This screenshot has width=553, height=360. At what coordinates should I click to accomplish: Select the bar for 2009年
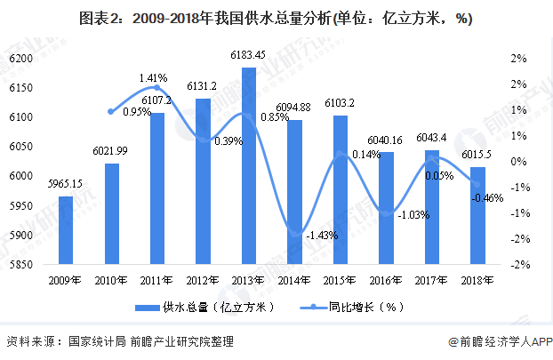click(x=66, y=230)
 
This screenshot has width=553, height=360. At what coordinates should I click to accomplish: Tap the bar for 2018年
click(x=477, y=216)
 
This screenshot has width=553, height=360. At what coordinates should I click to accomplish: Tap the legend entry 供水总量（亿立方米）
click(x=204, y=307)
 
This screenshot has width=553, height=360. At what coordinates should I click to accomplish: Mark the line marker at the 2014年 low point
click(x=294, y=233)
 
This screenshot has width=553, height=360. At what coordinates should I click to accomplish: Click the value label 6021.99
click(x=111, y=151)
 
